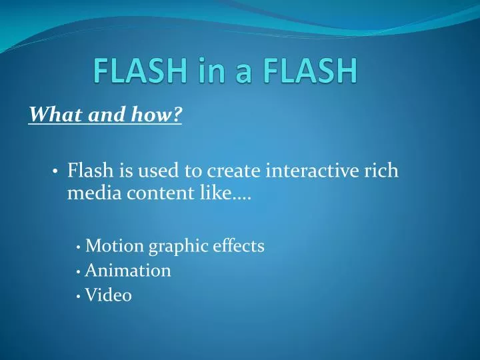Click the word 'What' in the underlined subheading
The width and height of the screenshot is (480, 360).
(x=50, y=115)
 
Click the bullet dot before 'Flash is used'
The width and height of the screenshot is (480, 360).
(x=55, y=172)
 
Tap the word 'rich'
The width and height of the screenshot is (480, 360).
(x=382, y=171)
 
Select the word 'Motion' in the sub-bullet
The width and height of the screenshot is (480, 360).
(x=115, y=246)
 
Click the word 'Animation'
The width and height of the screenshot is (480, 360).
(x=128, y=271)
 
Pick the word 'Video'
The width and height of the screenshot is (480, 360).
(x=109, y=295)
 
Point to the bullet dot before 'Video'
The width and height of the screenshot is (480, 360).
(x=79, y=296)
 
